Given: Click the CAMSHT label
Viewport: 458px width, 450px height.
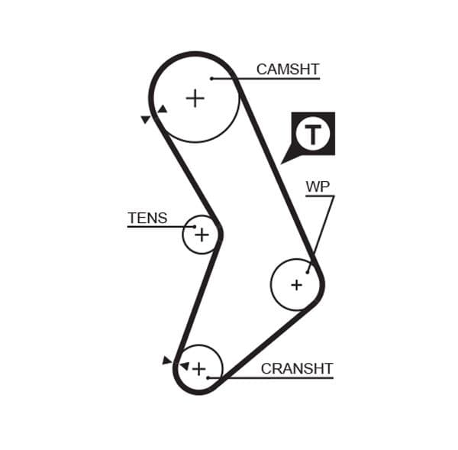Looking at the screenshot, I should (287, 70).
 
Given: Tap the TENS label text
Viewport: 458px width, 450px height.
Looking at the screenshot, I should (147, 219).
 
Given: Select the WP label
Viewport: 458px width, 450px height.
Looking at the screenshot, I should (318, 187).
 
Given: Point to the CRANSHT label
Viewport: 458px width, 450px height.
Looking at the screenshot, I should (297, 369).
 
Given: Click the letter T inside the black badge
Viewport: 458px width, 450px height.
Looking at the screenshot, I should (313, 134).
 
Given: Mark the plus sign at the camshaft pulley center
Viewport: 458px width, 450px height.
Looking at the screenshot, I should (195, 98).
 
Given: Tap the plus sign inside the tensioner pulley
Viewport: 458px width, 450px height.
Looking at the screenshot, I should (202, 235).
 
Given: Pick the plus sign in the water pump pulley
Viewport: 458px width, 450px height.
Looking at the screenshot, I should (296, 285).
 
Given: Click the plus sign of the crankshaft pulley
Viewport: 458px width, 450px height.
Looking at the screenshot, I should (198, 369).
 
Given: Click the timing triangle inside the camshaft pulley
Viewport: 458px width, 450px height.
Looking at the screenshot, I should (162, 109).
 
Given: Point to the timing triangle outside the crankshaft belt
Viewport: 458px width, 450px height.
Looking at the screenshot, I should (167, 360).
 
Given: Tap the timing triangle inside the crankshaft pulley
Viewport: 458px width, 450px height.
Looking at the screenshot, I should (183, 366).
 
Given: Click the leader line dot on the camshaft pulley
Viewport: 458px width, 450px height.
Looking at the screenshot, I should (211, 78).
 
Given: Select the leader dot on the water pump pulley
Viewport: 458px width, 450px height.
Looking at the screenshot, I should (308, 271).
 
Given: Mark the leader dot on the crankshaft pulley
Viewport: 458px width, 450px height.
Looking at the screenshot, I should (208, 377).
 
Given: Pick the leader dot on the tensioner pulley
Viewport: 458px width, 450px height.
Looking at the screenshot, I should (195, 227).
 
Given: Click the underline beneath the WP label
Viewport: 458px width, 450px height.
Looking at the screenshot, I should (320, 196).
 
